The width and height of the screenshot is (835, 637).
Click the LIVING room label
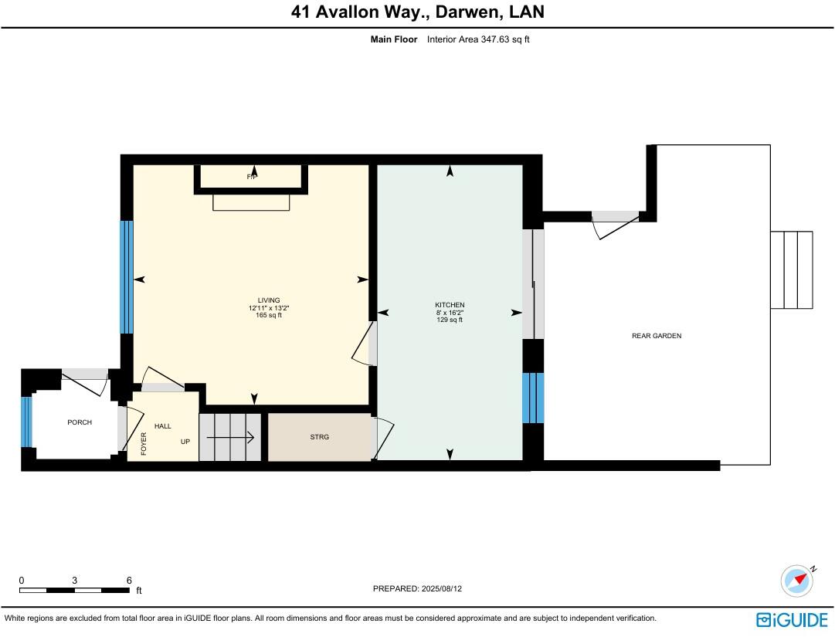pyautogui.click(x=269, y=300)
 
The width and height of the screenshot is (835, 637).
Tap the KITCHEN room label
pyautogui.click(x=450, y=305)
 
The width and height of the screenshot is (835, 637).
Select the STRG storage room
pyautogui.click(x=320, y=437)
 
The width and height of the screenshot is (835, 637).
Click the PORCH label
pyautogui.click(x=80, y=422)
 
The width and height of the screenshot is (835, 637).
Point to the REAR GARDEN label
pyautogui.click(x=657, y=336)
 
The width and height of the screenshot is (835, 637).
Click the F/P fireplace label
pyautogui.click(x=252, y=177)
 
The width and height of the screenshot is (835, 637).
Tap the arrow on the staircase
pyautogui.click(x=231, y=438)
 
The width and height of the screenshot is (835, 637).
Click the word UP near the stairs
pyautogui.click(x=185, y=442)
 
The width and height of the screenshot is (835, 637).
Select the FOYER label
pyautogui.click(x=144, y=443)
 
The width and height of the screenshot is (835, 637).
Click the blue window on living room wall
pyautogui.click(x=127, y=277)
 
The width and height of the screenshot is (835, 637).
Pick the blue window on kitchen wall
pyautogui.click(x=534, y=398)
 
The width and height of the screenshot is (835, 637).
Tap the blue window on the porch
pyautogui.click(x=26, y=422)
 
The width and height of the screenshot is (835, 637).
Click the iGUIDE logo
pyautogui.click(x=792, y=619)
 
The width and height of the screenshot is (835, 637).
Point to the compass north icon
pyautogui.click(x=797, y=580)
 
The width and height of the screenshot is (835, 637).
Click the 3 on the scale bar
pyautogui.click(x=75, y=581)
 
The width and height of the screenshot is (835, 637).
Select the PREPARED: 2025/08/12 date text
pyautogui.click(x=417, y=588)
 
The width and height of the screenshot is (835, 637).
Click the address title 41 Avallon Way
pyautogui.click(x=417, y=12)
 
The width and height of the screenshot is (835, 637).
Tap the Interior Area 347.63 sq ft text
pyautogui.click(x=478, y=39)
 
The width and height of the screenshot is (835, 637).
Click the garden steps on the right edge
pyautogui.click(x=792, y=269)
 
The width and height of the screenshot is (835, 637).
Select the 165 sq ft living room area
pyautogui.click(x=269, y=315)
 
